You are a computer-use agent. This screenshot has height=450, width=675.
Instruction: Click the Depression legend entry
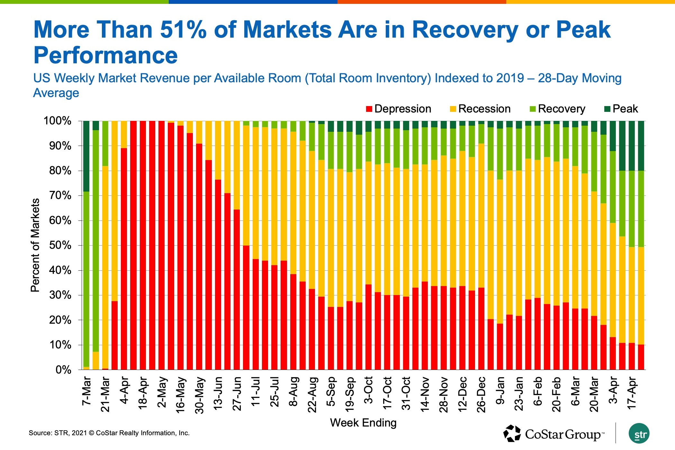pyautogui.click(x=399, y=109)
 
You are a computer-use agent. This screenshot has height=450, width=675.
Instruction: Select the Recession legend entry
pyautogui.click(x=480, y=109)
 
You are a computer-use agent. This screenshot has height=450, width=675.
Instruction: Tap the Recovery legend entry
pyautogui.click(x=557, y=109)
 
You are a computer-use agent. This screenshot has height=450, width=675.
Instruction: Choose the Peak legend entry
pyautogui.click(x=621, y=109)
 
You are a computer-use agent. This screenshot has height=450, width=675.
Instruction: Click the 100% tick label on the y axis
pyautogui.click(x=57, y=121)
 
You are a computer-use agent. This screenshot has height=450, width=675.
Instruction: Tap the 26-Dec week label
pyautogui.click(x=481, y=395)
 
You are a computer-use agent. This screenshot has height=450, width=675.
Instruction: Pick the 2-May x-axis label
pyautogui.click(x=162, y=392)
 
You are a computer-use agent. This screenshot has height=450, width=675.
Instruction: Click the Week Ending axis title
pyautogui.click(x=363, y=423)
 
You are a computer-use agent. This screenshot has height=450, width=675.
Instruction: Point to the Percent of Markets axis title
pyautogui.click(x=35, y=245)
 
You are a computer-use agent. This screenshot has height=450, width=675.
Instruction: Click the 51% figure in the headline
pyautogui.click(x=183, y=30)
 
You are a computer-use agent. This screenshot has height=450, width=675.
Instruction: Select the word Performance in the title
pyautogui.click(x=105, y=55)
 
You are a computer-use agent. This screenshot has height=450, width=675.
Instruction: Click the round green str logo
pyautogui.click(x=639, y=434)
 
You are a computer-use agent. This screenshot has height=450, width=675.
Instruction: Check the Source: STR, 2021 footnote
pyautogui.click(x=109, y=433)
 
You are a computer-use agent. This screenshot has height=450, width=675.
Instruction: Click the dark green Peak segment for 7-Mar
pyautogui.click(x=86, y=156)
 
